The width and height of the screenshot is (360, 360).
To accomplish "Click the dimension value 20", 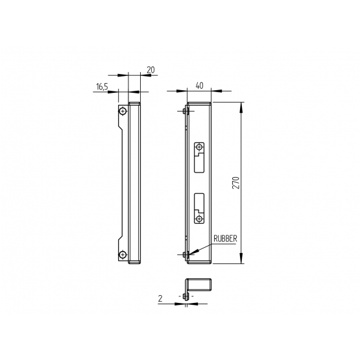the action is click(150, 70).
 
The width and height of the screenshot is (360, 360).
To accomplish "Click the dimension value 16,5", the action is click(102, 87).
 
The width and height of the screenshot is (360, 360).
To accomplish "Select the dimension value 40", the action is click(199, 86).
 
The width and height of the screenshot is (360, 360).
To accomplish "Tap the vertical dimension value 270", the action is click(236, 183).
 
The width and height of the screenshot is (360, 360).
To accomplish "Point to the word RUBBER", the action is click(225, 239).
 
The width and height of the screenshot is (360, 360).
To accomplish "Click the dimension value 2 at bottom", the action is click(160, 298).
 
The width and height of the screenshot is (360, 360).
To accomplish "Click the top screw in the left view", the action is click(123, 112).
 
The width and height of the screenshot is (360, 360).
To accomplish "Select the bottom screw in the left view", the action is click(123, 254).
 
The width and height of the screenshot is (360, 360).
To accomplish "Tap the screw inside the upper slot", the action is click(199, 147).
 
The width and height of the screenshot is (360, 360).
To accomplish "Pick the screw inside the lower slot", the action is click(199, 219).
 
